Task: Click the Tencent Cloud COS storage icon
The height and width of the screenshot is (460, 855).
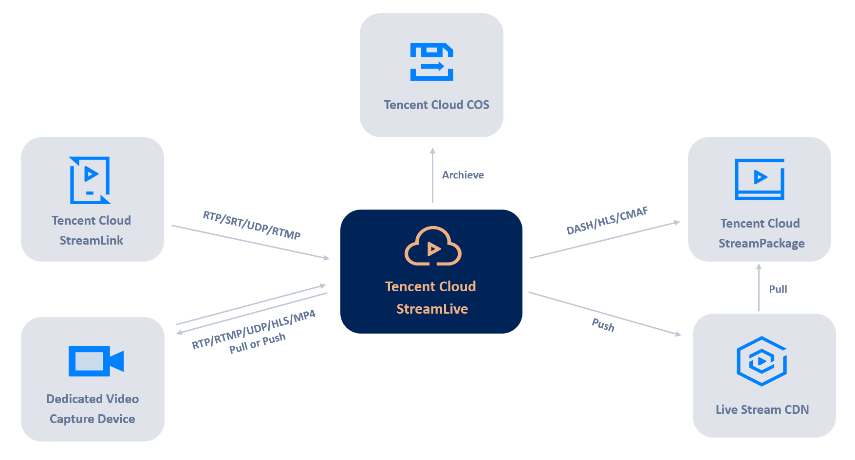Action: coord(432,62)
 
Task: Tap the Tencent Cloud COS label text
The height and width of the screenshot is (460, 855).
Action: coord(436,105)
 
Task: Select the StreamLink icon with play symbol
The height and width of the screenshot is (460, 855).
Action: coord(90,180)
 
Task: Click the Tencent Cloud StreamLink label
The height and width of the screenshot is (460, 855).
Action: coord(92,230)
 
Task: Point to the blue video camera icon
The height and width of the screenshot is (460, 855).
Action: coord(96,361)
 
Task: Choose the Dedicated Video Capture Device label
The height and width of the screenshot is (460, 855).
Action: coord(93,409)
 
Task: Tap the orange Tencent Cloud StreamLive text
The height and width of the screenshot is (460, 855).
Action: coord(431,298)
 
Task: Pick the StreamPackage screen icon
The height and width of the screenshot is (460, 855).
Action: coord(759,179)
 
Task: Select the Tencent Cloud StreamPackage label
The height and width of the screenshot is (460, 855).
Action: coord(761,233)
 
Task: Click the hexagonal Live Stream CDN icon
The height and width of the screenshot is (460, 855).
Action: coord(762,361)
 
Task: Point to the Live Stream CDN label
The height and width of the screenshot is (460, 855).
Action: coord(762,410)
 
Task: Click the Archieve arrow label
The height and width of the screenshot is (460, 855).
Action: coord(463,175)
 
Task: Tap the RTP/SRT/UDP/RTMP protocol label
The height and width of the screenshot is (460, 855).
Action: coord(252,225)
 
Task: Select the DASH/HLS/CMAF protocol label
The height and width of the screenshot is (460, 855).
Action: coord(607,221)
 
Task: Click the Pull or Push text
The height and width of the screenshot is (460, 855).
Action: coord(258,343)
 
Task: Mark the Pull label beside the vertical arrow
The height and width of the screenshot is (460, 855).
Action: coord(778,289)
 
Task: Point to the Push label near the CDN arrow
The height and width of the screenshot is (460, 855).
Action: coord(603,325)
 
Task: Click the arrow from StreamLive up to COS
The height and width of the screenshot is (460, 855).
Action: coord(432,175)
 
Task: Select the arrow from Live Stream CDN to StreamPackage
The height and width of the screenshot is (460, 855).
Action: coord(759,288)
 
